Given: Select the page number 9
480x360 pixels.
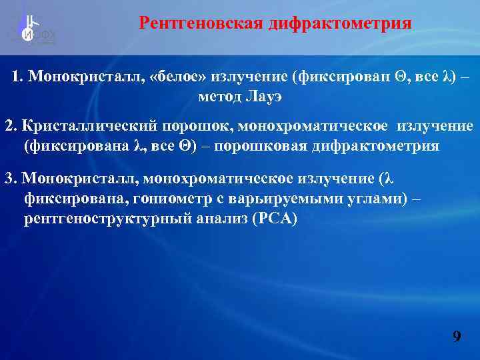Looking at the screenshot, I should click(457, 336).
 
